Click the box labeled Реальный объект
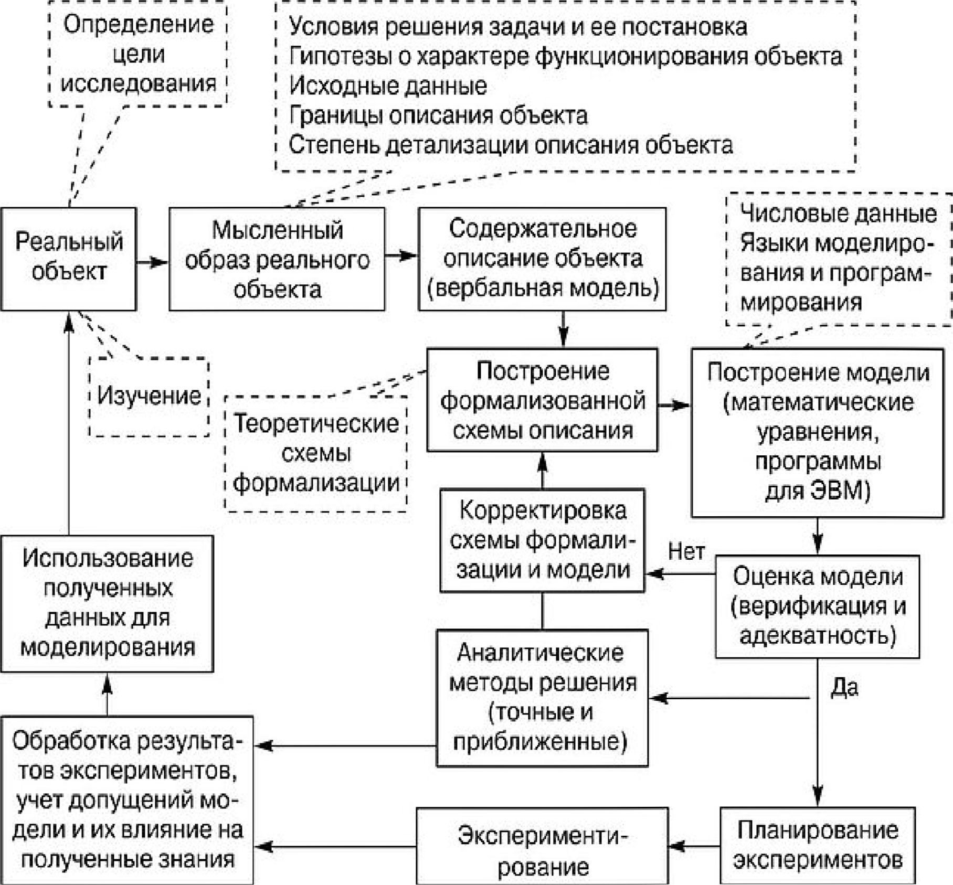click(68, 259)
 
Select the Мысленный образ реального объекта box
click(277, 259)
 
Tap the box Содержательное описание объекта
click(542, 259)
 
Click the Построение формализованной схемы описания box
click(542, 400)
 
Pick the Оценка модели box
click(817, 606)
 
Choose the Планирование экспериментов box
click(817, 845)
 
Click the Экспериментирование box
click(542, 845)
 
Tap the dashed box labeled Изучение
click(149, 397)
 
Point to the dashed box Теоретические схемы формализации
click(316, 453)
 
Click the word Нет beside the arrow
click(686, 552)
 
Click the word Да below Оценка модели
click(844, 687)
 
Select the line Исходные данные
click(388, 86)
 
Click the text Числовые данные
click(838, 214)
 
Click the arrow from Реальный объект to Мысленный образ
click(152, 261)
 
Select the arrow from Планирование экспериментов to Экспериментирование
click(694, 846)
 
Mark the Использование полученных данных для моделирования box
click(107, 603)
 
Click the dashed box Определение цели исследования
click(138, 54)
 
